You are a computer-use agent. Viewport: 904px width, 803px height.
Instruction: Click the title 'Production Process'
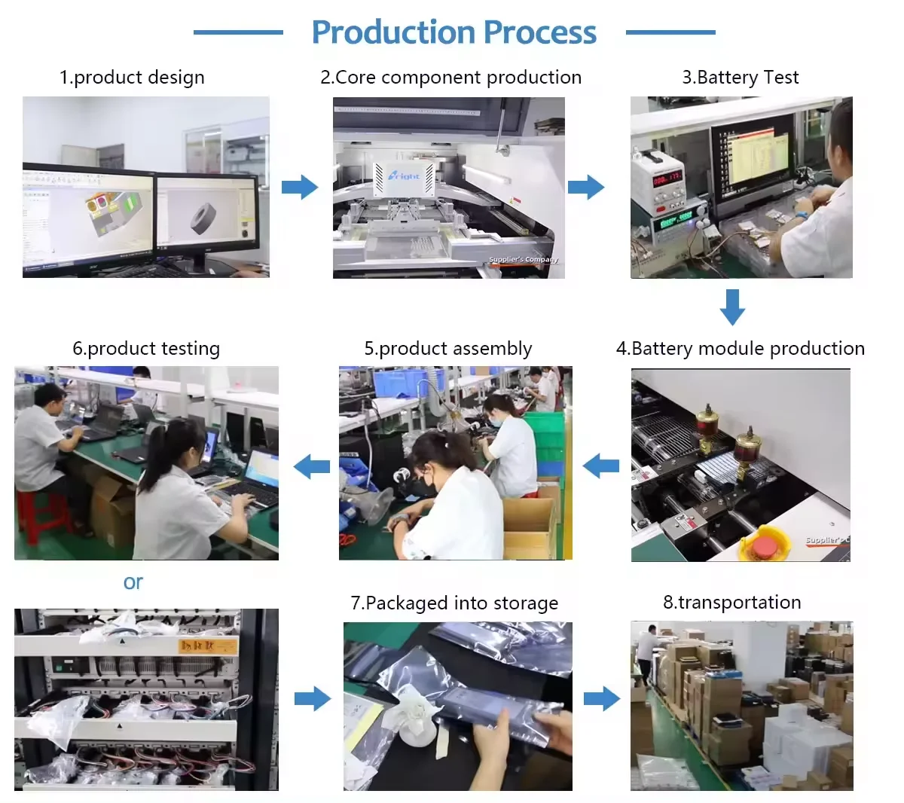[454, 32]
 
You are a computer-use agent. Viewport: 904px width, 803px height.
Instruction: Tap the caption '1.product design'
[132, 78]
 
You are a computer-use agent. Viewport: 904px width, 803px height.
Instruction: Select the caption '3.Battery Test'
[740, 78]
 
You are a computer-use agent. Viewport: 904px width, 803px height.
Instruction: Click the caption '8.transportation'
[731, 603]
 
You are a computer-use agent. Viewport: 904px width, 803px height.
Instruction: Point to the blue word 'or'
[133, 582]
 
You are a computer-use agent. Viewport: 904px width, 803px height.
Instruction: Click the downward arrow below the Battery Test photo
[732, 307]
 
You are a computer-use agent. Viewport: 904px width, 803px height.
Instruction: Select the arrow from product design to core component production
[300, 187]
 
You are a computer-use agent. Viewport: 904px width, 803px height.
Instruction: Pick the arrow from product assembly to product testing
[312, 467]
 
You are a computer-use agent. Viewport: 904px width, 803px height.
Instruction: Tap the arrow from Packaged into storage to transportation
[601, 698]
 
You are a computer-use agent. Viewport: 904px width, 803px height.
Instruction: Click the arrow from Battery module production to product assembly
[601, 466]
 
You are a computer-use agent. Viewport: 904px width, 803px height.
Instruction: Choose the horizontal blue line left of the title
[238, 32]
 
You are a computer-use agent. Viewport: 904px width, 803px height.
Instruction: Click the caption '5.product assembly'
[447, 349]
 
